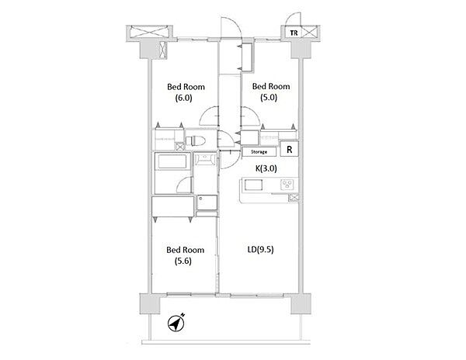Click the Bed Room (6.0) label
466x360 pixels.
coord(186,92)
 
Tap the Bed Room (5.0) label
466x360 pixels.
coord(271,92)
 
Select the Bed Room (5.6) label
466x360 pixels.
coord(185,255)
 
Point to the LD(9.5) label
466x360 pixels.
coord(260,250)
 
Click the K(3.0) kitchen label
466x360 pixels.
coord(266,168)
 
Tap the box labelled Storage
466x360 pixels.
coord(259,151)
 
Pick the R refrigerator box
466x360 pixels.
coord(289,149)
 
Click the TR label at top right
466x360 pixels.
coord(294,33)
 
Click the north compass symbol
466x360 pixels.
coord(176,323)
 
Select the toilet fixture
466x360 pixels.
coord(195,140)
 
